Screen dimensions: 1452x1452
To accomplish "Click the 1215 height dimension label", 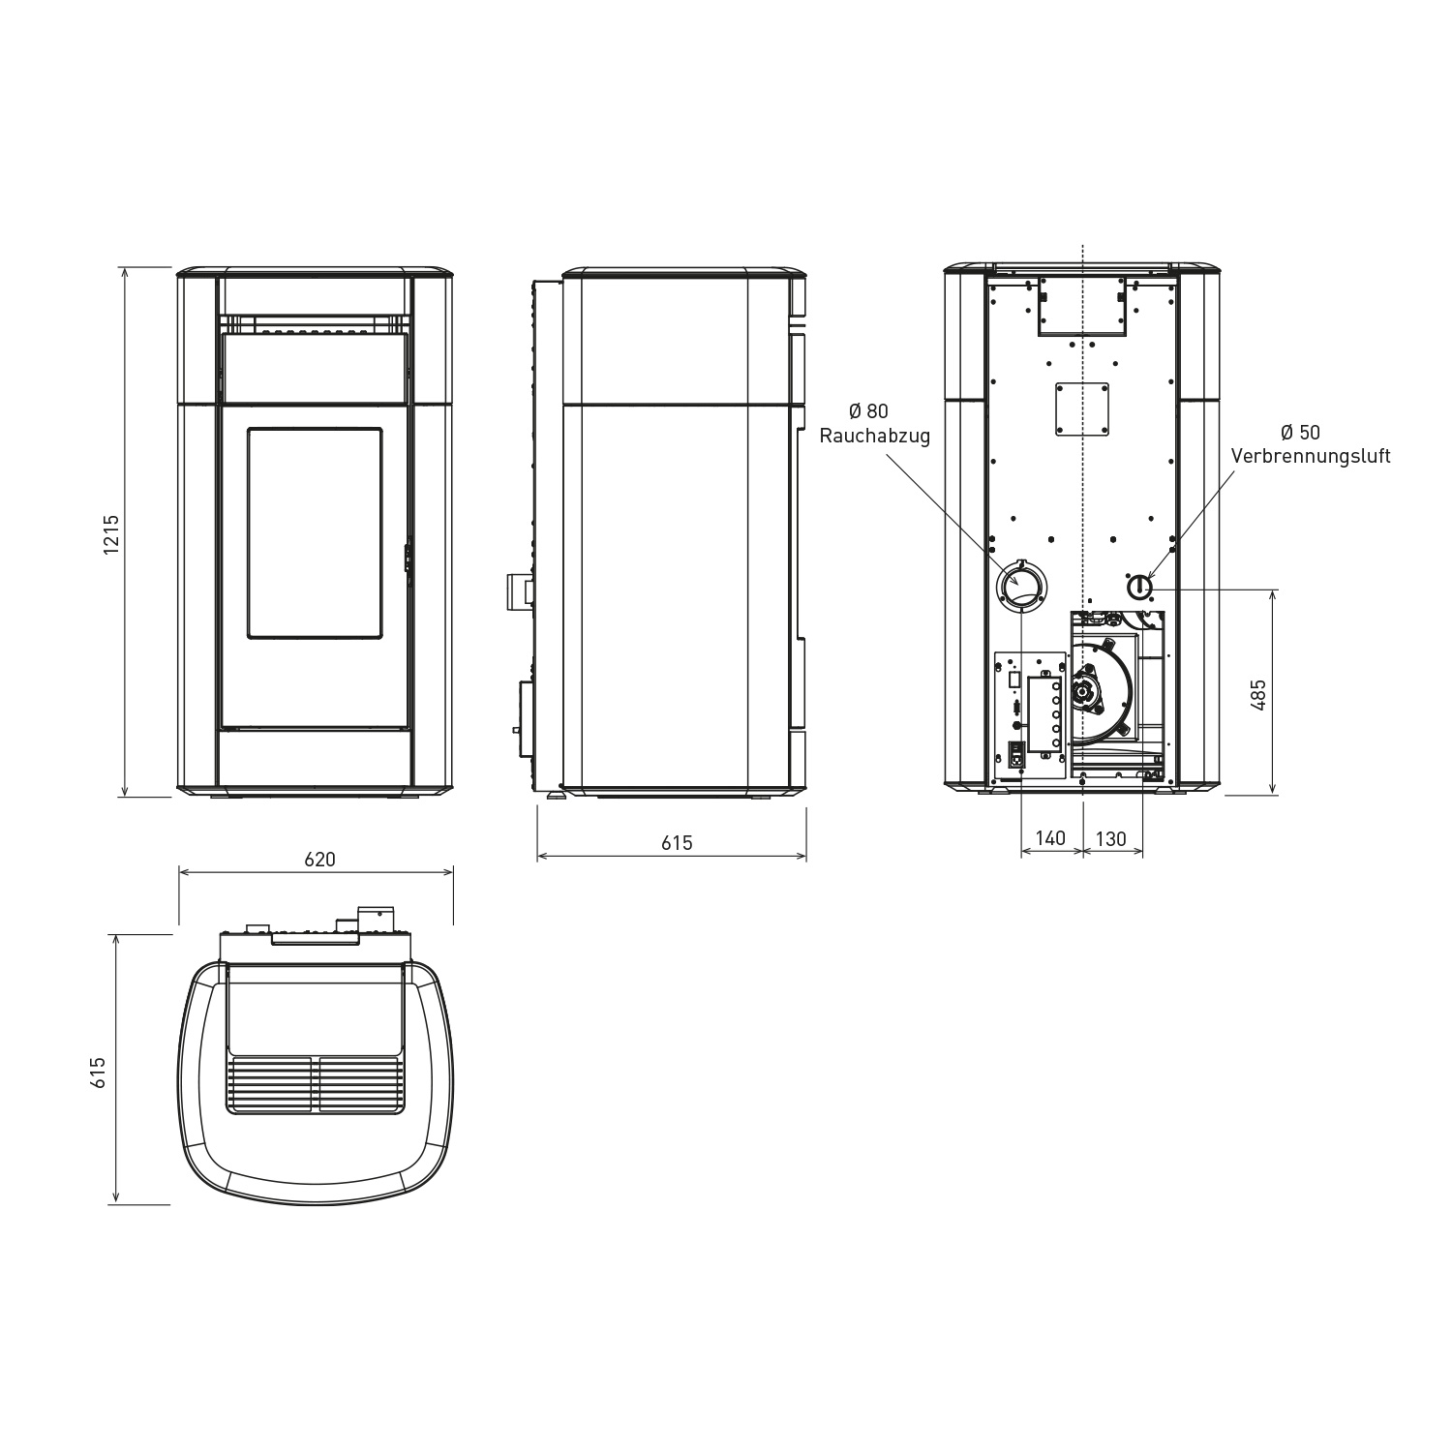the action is coord(112,533).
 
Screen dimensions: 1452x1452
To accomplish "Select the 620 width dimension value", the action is coord(319,859).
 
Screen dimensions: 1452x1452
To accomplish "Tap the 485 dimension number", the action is coord(1258,695).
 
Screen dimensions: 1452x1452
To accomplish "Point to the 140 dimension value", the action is coord(1050,838).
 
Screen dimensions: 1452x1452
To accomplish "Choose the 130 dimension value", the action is coord(1111,838).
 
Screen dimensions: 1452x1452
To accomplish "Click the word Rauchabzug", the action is coord(875,437).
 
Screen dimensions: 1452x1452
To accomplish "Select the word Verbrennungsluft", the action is coord(1311,456).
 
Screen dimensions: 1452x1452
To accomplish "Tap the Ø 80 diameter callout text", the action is coord(868,412).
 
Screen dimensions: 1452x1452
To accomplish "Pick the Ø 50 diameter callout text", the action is coord(1300,432).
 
